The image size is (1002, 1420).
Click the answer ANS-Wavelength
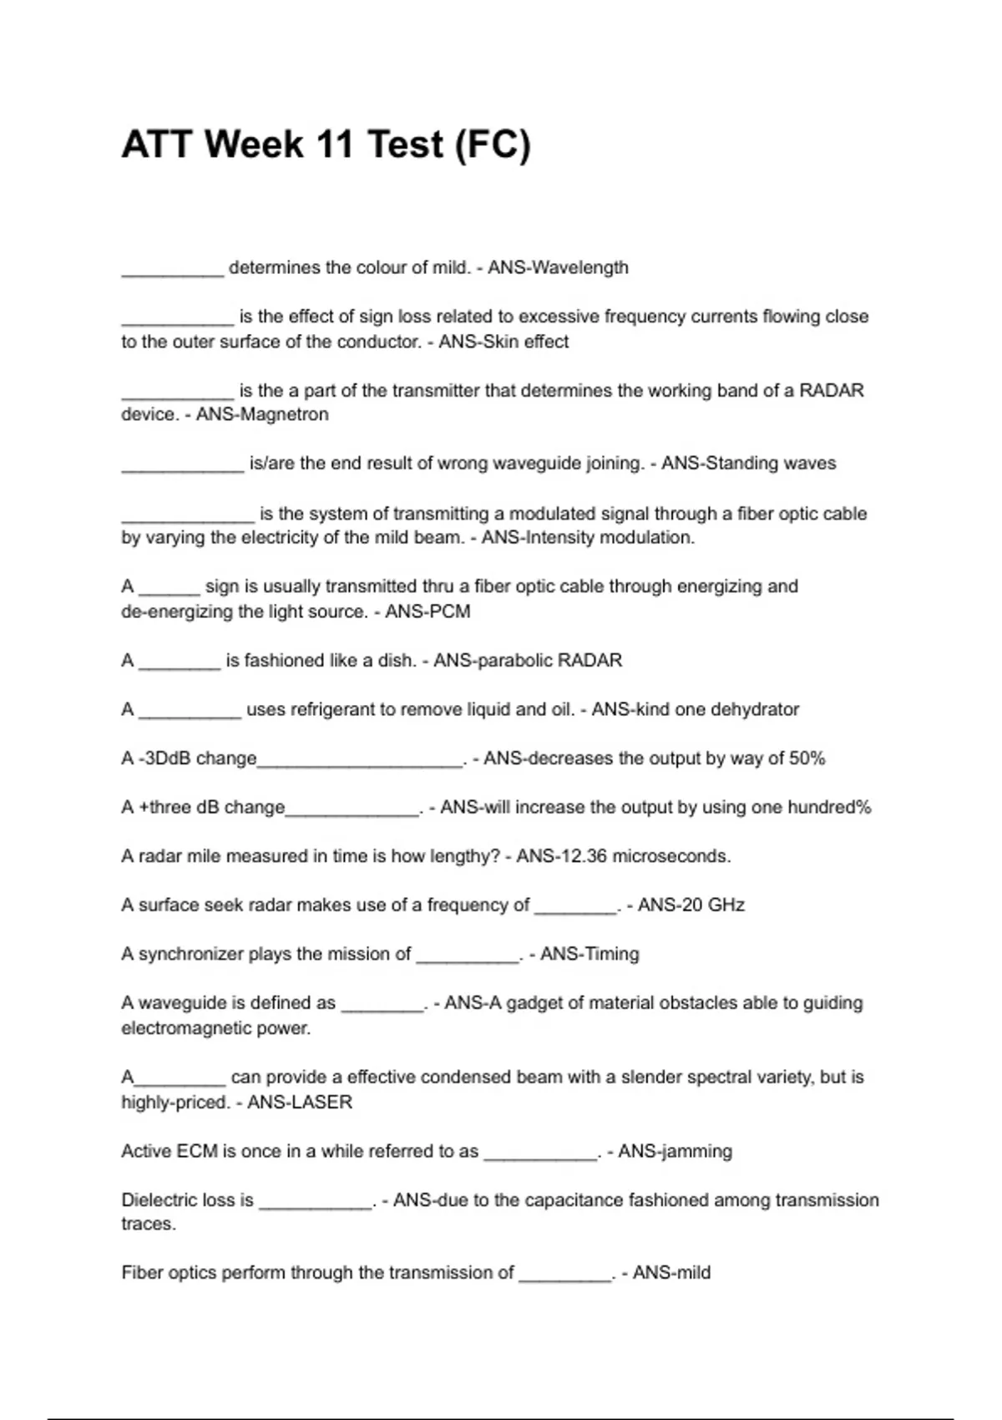click(558, 268)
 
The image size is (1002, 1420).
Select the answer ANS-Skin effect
click(504, 342)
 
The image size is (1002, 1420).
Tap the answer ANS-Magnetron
click(262, 414)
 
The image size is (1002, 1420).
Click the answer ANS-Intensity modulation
click(588, 537)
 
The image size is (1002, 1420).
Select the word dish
click(397, 661)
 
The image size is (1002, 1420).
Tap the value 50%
click(807, 758)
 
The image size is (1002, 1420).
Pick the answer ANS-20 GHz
click(691, 905)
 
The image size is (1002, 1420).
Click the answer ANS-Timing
click(590, 954)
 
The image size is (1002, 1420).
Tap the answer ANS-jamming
click(675, 1151)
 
